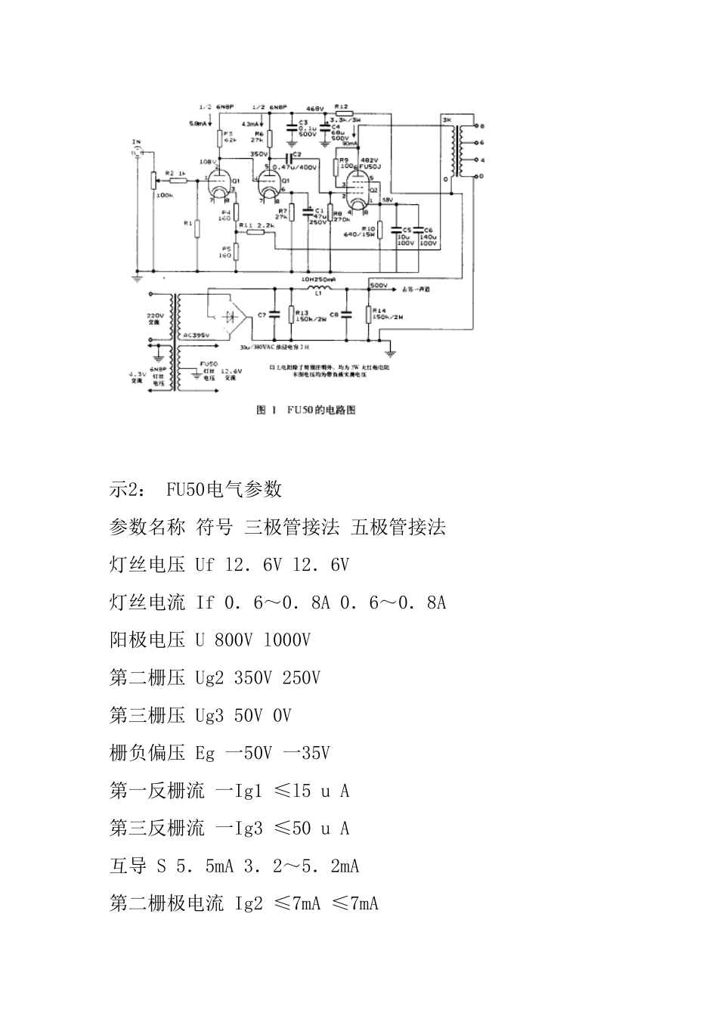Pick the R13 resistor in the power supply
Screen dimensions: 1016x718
pyautogui.click(x=290, y=314)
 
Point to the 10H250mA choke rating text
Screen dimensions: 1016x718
pyautogui.click(x=318, y=279)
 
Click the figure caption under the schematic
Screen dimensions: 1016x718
pyautogui.click(x=305, y=410)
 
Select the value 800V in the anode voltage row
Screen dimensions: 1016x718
pyautogui.click(x=233, y=640)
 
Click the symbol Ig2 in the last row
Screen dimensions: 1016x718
pyautogui.click(x=249, y=903)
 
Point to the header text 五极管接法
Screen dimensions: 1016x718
pyautogui.click(x=398, y=527)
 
